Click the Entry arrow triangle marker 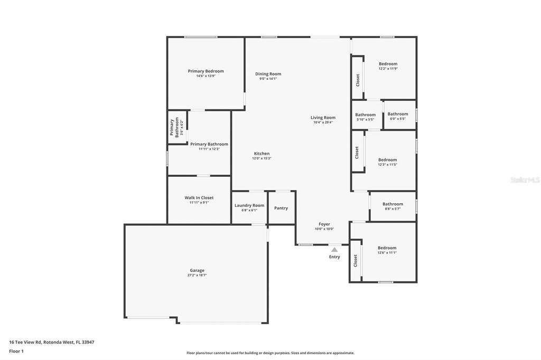pyautogui.click(x=334, y=250)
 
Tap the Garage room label pyautogui.click(x=197, y=270)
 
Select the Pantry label pyautogui.click(x=281, y=208)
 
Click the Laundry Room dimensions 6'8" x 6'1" pyautogui.click(x=249, y=210)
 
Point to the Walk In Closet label pyautogui.click(x=199, y=197)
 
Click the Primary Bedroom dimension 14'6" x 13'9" pyautogui.click(x=206, y=76)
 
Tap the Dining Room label pyautogui.click(x=268, y=74)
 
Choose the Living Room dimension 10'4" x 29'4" pyautogui.click(x=323, y=122)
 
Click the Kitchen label pyautogui.click(x=262, y=154)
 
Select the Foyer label pyautogui.click(x=324, y=224)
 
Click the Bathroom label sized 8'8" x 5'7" pyautogui.click(x=393, y=204)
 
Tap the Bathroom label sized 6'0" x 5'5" pyautogui.click(x=398, y=114)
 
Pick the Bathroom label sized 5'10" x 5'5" pyautogui.click(x=366, y=115)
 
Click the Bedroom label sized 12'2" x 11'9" pyautogui.click(x=388, y=64)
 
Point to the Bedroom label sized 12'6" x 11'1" pyautogui.click(x=387, y=248)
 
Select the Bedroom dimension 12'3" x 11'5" pyautogui.click(x=387, y=165)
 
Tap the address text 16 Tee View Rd pyautogui.click(x=25, y=342)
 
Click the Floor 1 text pyautogui.click(x=16, y=352)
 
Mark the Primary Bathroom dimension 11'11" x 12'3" pyautogui.click(x=209, y=149)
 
